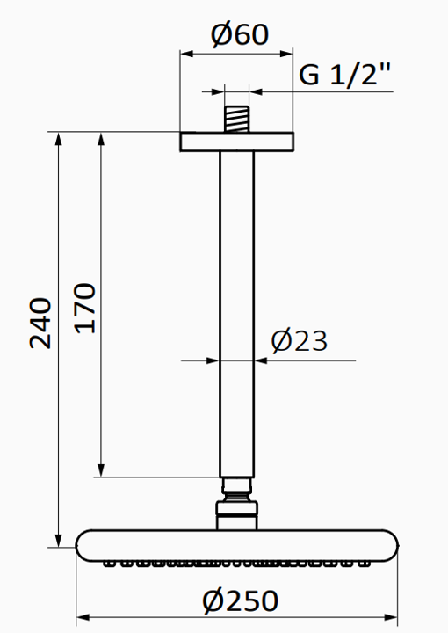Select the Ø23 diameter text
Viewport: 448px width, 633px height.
[x=300, y=340]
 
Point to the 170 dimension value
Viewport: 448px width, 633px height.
[x=84, y=308]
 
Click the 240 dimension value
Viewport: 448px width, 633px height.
[x=41, y=324]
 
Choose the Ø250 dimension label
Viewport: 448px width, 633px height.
[x=240, y=600]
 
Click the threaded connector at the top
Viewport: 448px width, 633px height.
[x=236, y=119]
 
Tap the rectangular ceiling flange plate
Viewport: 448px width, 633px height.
[x=236, y=142]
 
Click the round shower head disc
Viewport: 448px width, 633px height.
[x=236, y=543]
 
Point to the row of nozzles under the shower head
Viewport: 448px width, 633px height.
[x=236, y=562]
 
